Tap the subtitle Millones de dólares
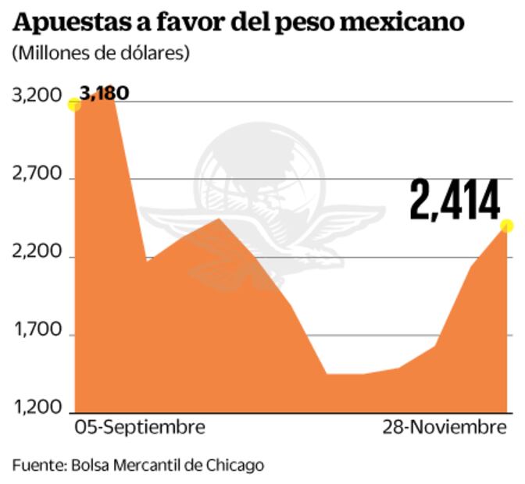click(x=101, y=54)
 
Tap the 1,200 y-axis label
click(x=37, y=409)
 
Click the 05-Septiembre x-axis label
click(x=140, y=428)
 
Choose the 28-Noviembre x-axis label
click(x=445, y=428)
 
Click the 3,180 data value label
click(x=105, y=94)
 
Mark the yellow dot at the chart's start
click(x=74, y=105)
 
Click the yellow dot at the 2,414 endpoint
click(x=506, y=226)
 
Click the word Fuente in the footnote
click(x=38, y=465)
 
